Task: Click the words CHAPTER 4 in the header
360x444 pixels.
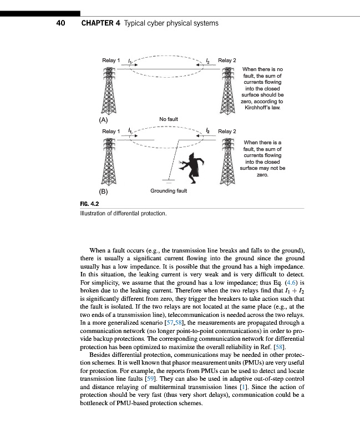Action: [x=100, y=23]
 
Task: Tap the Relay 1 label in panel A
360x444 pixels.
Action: [x=111, y=60]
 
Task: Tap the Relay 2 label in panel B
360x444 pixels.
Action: [x=227, y=132]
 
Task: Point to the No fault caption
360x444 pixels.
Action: [x=168, y=119]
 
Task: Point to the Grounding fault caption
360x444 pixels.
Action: [x=169, y=191]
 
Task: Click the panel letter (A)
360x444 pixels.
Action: [x=103, y=119]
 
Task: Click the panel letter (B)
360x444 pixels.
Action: [x=103, y=191]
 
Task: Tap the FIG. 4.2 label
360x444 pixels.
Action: [x=89, y=204]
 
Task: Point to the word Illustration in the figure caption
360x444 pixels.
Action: [x=95, y=213]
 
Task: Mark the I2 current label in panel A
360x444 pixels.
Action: [x=207, y=59]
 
